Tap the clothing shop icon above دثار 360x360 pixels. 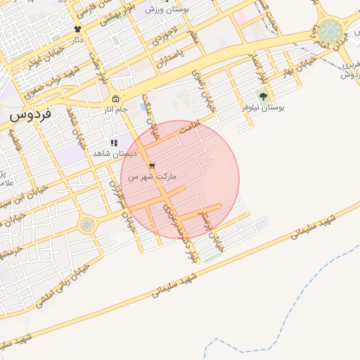[x=77, y=29]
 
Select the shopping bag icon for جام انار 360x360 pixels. [x=115, y=99]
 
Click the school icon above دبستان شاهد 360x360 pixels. [x=114, y=143]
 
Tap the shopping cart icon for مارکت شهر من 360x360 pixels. [x=152, y=166]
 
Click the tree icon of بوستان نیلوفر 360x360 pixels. [x=263, y=96]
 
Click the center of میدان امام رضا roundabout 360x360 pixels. [x=330, y=32]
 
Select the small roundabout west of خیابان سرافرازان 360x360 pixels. [x=86, y=224]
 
